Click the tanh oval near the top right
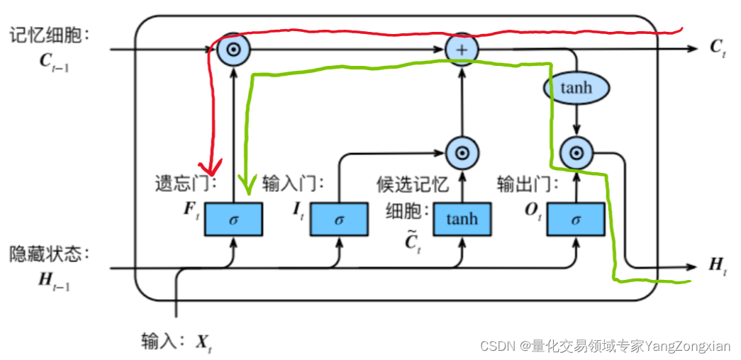576,88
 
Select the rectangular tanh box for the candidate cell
462,219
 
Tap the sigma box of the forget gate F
233,219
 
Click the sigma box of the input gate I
339,219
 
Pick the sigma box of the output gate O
576,219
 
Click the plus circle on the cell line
462,49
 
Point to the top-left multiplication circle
233,49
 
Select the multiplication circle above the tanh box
462,152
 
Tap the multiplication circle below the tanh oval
576,152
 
